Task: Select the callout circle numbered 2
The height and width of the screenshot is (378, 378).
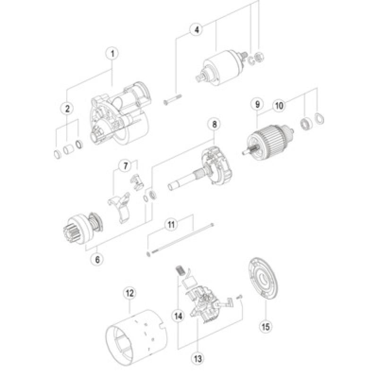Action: [x=68, y=109]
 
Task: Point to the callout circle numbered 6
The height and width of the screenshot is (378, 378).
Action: [x=98, y=259]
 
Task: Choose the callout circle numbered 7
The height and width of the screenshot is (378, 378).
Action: [x=126, y=165]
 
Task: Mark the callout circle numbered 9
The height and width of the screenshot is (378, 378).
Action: [x=258, y=104]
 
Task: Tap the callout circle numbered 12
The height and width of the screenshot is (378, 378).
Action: [x=129, y=293]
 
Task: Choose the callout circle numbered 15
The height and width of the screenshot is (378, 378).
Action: [x=266, y=326]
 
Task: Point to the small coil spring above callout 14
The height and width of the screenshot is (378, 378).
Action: [x=180, y=271]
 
